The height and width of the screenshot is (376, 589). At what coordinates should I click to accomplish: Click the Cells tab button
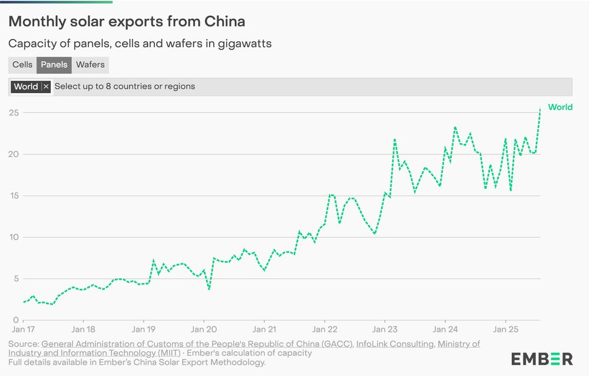click(22, 65)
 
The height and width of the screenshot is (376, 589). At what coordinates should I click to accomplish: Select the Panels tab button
click(54, 65)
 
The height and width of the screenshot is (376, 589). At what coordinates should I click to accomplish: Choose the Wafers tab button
click(90, 65)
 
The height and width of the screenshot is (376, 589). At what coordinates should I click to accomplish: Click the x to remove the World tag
click(46, 87)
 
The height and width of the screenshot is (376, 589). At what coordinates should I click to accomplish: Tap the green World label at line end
click(560, 107)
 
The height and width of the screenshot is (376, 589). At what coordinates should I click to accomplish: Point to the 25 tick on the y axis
click(13, 113)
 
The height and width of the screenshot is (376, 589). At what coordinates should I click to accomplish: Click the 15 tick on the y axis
click(13, 196)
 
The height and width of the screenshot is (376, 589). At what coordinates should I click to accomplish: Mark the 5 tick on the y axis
click(16, 279)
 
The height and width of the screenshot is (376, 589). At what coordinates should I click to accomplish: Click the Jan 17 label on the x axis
click(23, 329)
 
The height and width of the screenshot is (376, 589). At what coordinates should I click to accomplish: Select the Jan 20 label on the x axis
click(204, 329)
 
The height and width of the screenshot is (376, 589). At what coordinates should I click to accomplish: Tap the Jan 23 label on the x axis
click(385, 329)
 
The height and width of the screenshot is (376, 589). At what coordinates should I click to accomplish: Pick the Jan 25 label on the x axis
click(506, 329)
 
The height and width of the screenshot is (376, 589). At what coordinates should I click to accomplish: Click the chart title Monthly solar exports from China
click(127, 22)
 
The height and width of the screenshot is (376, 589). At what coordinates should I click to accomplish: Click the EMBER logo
click(542, 358)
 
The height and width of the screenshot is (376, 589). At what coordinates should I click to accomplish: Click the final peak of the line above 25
click(540, 109)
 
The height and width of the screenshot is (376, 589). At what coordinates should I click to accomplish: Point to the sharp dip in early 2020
click(209, 289)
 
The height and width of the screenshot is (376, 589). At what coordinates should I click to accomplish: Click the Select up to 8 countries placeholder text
click(125, 87)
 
